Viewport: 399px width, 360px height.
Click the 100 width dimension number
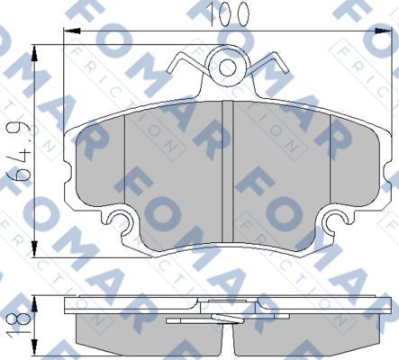click(x=213, y=15)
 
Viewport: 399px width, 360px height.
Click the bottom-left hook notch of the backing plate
click(x=118, y=218)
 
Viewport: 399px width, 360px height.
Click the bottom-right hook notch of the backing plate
click(x=336, y=218)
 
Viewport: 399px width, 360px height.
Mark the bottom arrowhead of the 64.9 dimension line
click(x=35, y=249)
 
